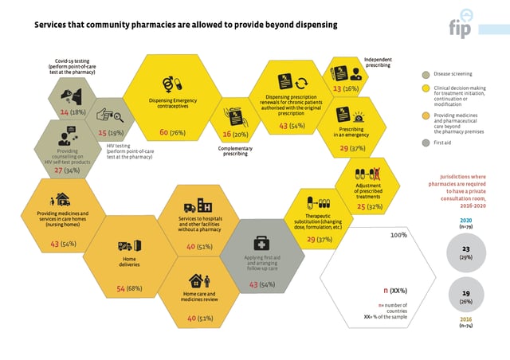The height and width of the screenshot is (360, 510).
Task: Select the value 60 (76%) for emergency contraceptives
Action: click(172, 132)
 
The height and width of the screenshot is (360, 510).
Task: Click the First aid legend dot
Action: click(427, 143)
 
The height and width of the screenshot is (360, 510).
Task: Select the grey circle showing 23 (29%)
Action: click(465, 252)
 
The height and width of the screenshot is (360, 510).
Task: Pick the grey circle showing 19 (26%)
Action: click(465, 297)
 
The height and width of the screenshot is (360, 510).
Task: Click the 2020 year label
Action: click(465, 220)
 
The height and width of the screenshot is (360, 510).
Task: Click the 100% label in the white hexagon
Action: click(398, 236)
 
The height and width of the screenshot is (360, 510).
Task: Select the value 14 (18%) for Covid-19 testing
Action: click(73, 113)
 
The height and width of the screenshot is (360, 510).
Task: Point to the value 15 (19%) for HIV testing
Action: click(111, 133)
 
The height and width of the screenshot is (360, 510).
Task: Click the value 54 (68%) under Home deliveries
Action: click(129, 288)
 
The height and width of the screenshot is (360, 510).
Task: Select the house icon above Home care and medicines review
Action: click(198, 281)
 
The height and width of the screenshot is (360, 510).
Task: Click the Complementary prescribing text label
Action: click(236, 151)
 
